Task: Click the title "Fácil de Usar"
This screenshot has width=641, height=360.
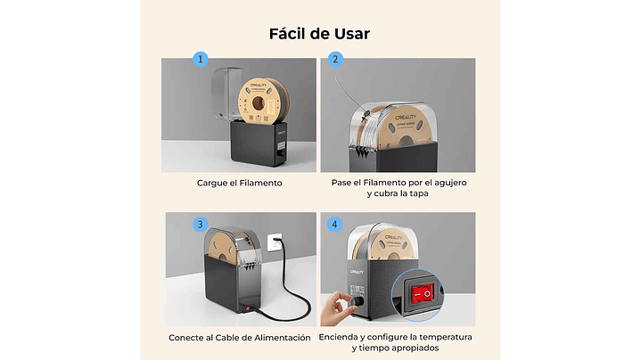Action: click(319, 34)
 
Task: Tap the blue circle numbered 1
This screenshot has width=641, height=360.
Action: click(201, 59)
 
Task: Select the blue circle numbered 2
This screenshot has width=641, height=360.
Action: click(335, 59)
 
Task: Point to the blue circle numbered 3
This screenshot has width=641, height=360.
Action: click(201, 225)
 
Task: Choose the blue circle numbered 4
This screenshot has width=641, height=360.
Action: click(335, 225)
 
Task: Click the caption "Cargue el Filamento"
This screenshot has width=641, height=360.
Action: click(240, 183)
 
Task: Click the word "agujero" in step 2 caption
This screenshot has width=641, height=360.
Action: click(449, 183)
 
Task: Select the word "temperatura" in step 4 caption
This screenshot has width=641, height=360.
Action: click(446, 337)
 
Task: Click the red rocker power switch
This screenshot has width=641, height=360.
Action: click(423, 294)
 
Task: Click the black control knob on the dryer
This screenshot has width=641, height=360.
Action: click(357, 301)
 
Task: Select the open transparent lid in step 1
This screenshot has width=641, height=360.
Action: click(226, 94)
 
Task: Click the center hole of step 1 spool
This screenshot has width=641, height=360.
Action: click(259, 103)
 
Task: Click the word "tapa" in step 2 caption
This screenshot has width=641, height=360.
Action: click(419, 193)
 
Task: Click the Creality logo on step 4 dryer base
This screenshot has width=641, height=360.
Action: click(357, 272)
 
